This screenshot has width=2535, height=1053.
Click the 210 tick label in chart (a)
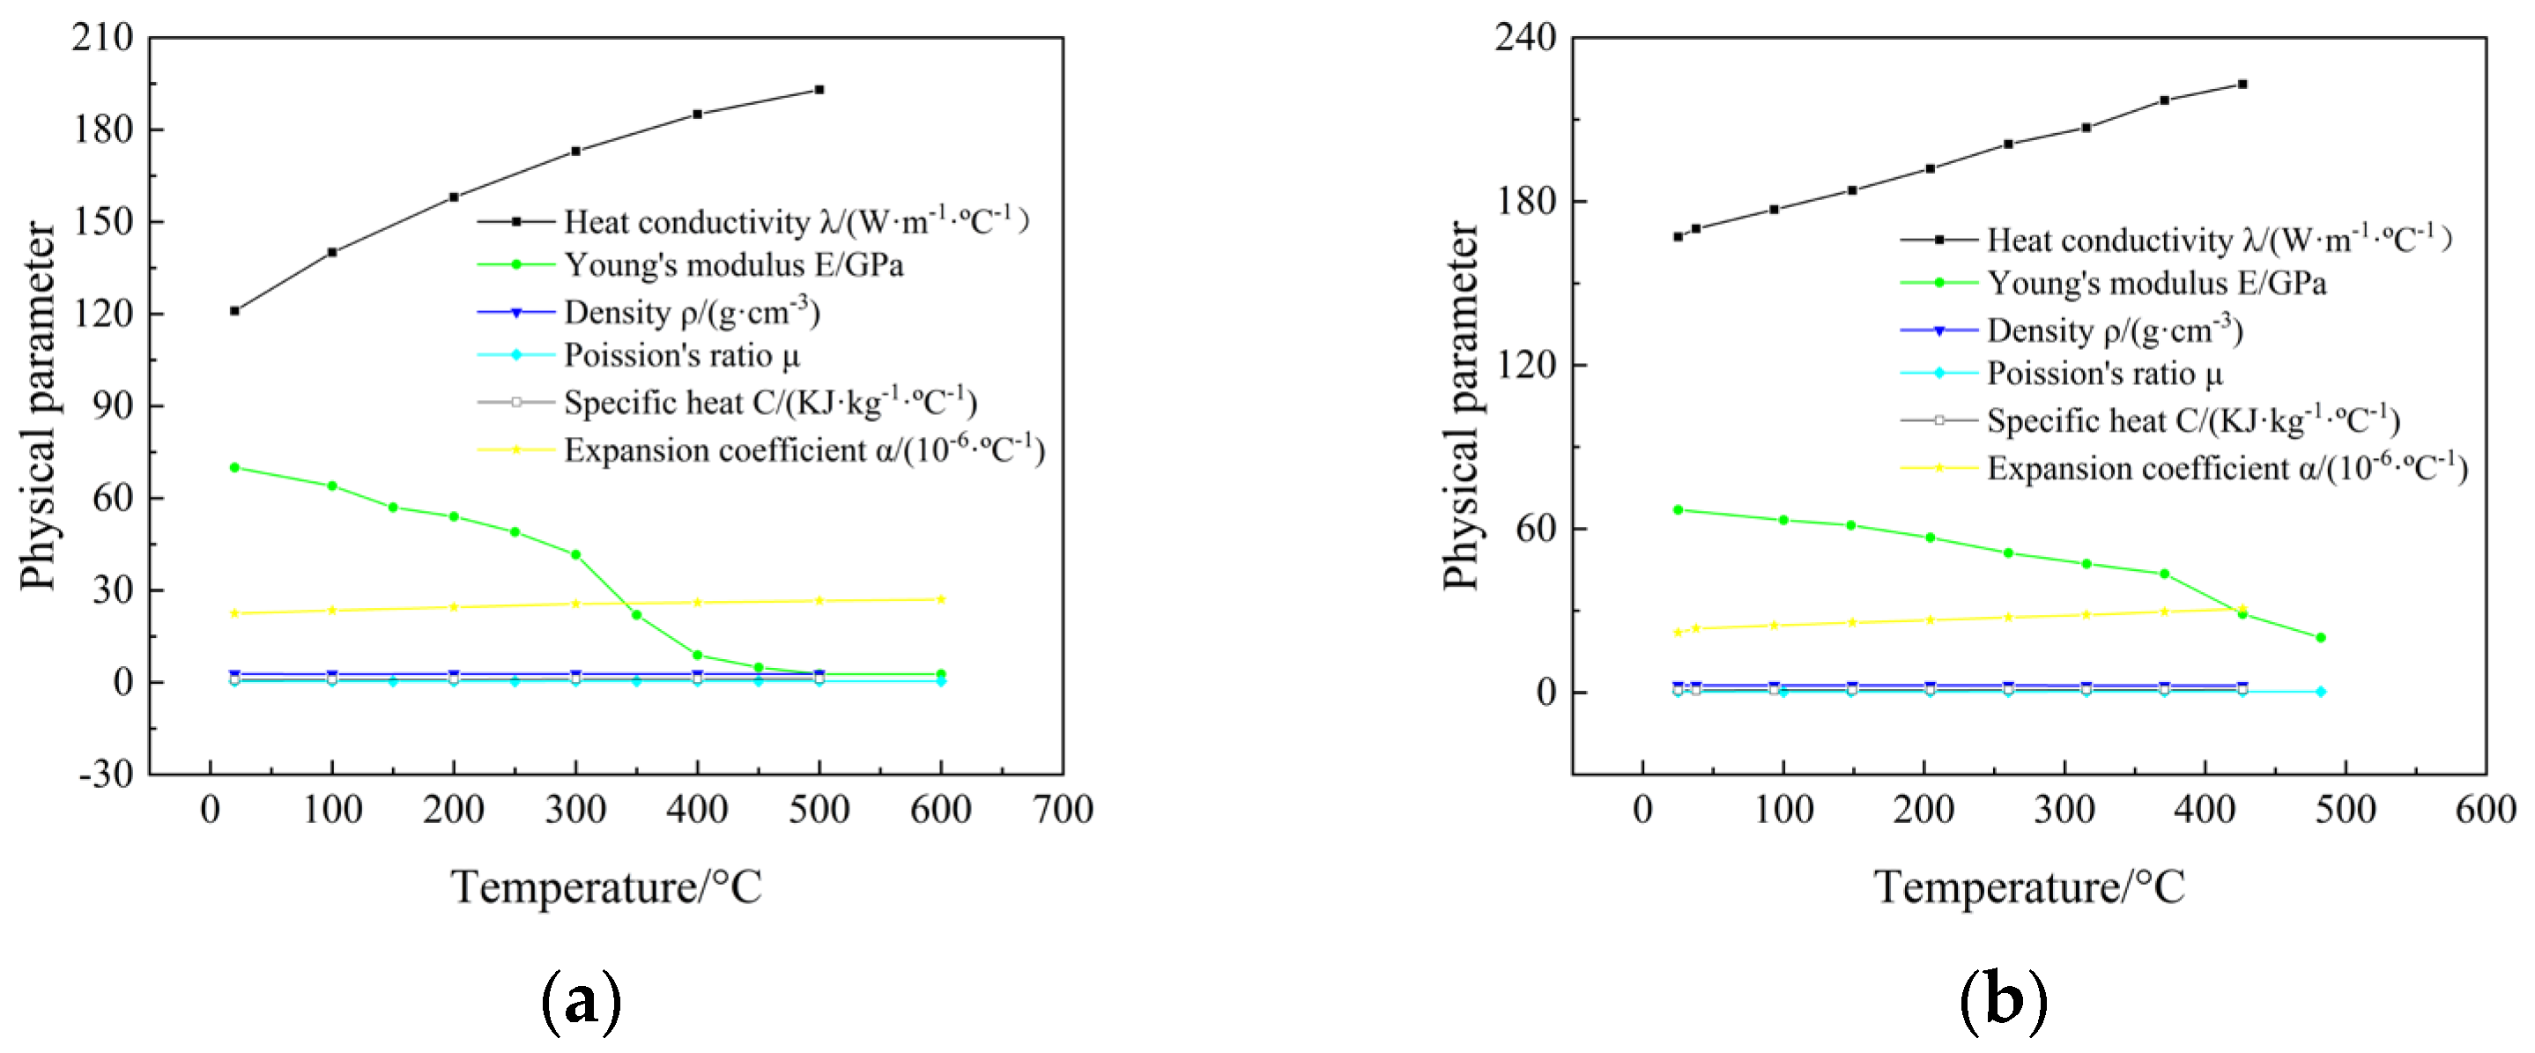pos(102,37)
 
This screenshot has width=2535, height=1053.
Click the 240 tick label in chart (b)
pos(1525,37)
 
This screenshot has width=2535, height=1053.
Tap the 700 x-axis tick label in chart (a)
pos(1063,810)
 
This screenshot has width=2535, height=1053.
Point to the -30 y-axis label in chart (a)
pos(107,774)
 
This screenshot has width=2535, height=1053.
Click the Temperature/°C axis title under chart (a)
pos(606,886)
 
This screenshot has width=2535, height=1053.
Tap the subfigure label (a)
pos(581,1001)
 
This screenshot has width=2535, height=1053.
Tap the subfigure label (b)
pos(2003,1001)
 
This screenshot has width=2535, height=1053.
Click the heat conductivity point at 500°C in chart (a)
pos(819,90)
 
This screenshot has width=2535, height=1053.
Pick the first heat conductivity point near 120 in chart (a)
pos(234,311)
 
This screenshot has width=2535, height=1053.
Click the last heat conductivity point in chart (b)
pos(2242,84)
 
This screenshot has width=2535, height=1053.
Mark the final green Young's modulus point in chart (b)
pos(2321,638)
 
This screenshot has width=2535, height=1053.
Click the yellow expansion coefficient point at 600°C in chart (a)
pos(941,599)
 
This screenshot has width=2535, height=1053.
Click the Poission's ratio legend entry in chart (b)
pos(2104,374)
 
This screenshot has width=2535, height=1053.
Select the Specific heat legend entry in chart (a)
pos(769,403)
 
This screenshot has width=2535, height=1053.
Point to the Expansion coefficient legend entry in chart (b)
pos(2226,469)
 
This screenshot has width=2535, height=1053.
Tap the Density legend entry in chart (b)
pos(2114,330)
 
